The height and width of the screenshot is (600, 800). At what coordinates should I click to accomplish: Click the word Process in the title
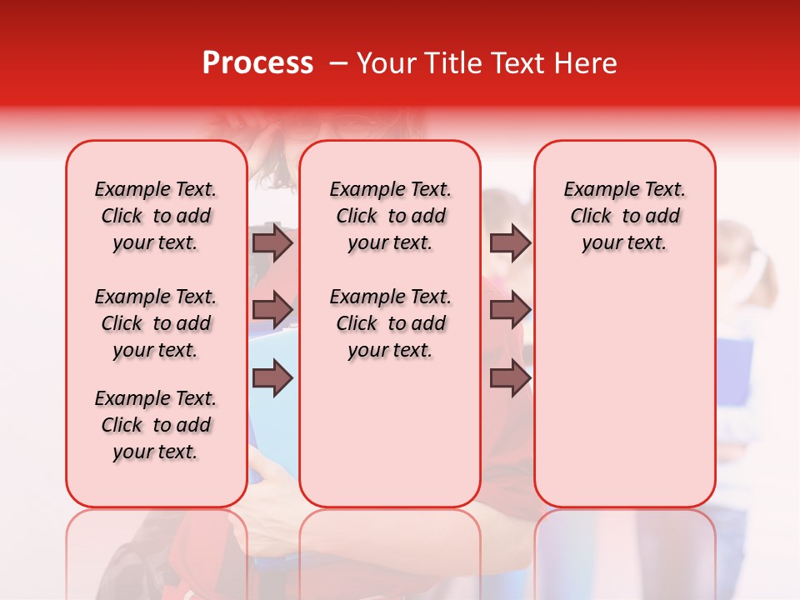[x=257, y=63]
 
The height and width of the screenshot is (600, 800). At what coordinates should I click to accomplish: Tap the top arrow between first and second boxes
[x=272, y=242]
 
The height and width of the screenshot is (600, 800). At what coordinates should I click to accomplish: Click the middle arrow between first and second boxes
[x=272, y=310]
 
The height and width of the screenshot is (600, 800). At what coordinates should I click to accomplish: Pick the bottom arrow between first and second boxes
[x=272, y=378]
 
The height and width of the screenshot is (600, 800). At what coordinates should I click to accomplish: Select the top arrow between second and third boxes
[x=510, y=242]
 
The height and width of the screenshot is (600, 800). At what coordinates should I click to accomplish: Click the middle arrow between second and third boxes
[x=510, y=310]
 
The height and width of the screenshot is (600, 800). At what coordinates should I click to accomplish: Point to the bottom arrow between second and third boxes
[x=510, y=378]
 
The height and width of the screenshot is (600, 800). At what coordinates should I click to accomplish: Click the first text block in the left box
[x=156, y=216]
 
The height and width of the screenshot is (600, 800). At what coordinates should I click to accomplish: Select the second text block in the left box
[x=156, y=323]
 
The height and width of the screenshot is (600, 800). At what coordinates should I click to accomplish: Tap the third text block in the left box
[x=156, y=425]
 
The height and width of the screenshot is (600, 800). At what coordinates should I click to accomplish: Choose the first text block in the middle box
[x=390, y=216]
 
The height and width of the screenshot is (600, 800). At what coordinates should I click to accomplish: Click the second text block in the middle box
[x=390, y=323]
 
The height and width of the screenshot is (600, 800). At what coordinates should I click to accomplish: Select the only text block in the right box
[x=624, y=216]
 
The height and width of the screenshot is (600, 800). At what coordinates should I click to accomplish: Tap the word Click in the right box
[x=591, y=217]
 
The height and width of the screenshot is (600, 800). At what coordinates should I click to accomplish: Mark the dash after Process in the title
[x=338, y=64]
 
